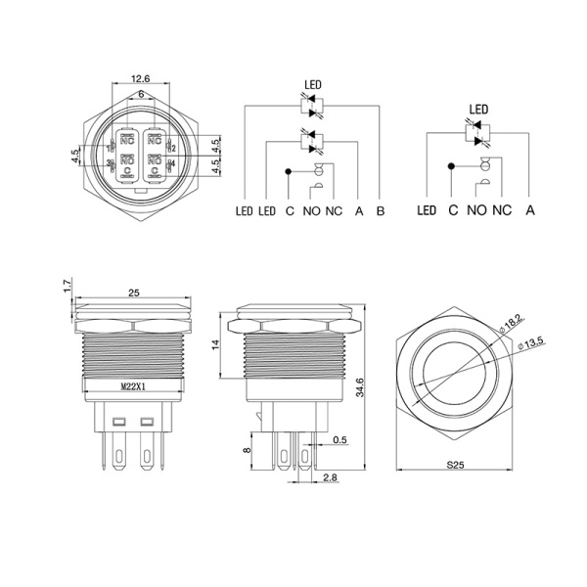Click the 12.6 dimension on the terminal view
[139, 78]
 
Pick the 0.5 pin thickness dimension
[339, 439]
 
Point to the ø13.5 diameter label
[532, 341]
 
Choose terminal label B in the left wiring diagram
[381, 210]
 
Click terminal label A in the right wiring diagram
[530, 210]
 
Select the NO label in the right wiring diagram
[476, 210]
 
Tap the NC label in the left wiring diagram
[334, 210]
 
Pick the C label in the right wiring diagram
[452, 210]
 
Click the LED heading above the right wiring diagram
[479, 110]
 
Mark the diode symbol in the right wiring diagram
[477, 130]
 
